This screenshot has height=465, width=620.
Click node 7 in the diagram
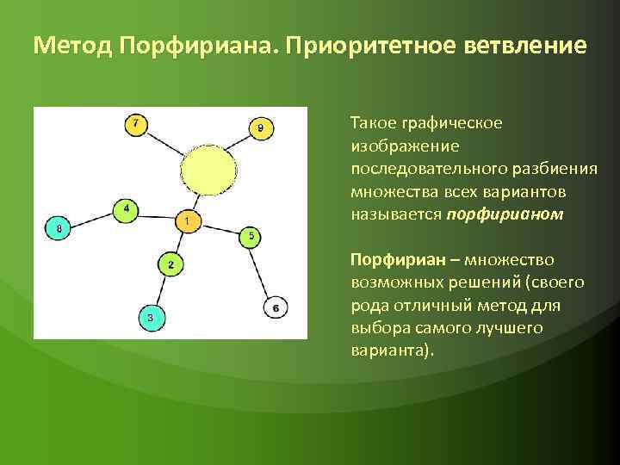pos(134,124)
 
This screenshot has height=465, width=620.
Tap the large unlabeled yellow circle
pos(208,168)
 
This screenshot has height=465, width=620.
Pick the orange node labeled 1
pos(187,221)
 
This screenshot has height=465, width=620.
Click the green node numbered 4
pos(126,209)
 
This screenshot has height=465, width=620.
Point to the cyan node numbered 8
pos(58,228)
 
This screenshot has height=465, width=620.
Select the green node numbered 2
pos(170,264)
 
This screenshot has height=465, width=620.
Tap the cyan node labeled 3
pos(150,318)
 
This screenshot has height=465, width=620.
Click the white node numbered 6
pos(275,307)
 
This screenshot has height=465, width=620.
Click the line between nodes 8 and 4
pos(91,219)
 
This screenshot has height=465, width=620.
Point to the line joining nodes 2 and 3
pos(160,291)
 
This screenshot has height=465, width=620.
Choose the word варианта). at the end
pos(394,352)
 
